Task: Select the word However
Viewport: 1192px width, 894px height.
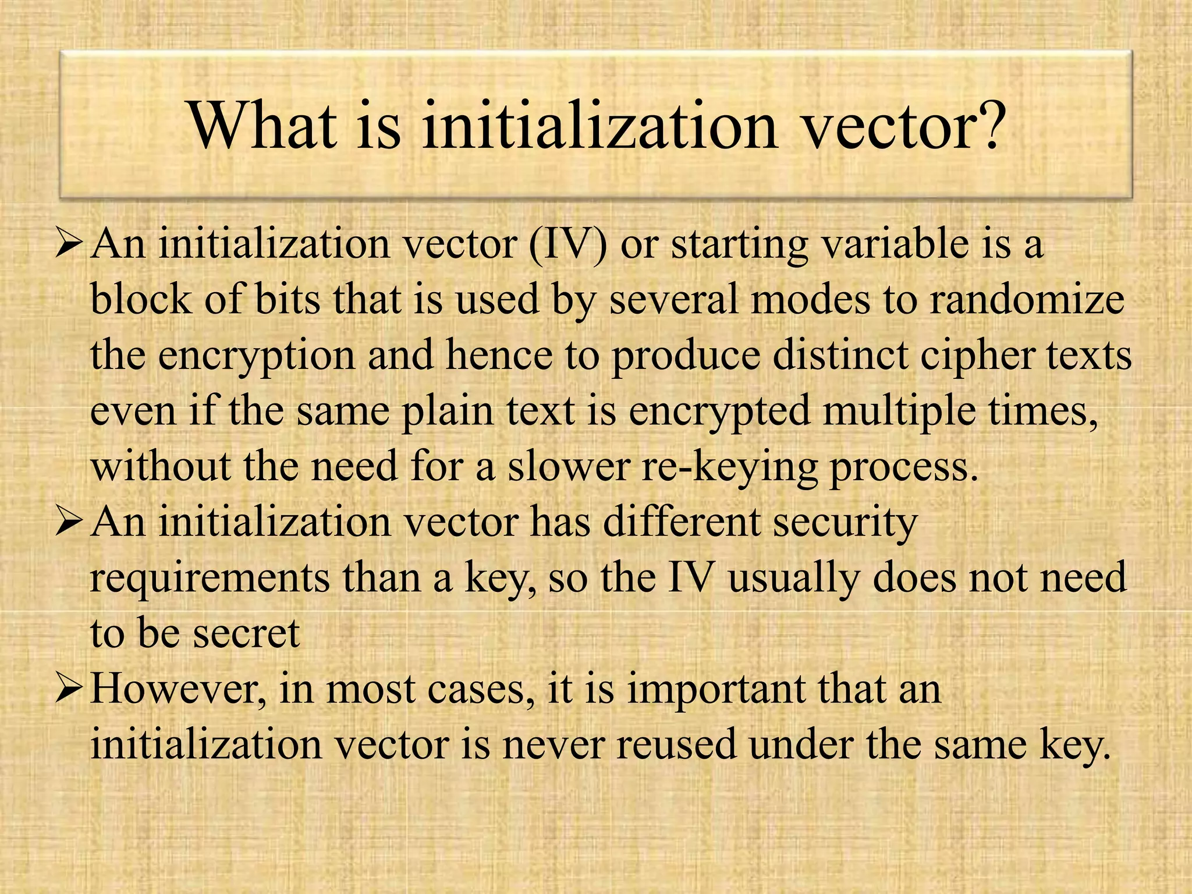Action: [174, 689]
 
